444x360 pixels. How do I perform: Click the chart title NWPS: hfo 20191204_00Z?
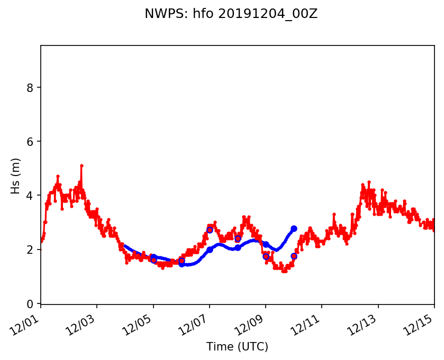231,14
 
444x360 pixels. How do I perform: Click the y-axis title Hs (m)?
16,176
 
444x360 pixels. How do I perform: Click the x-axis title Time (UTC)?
238,347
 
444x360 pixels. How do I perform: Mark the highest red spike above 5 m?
81,165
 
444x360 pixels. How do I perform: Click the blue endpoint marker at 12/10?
294,228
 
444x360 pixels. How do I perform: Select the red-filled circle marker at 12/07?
210,230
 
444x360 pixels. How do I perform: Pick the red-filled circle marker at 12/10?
294,256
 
